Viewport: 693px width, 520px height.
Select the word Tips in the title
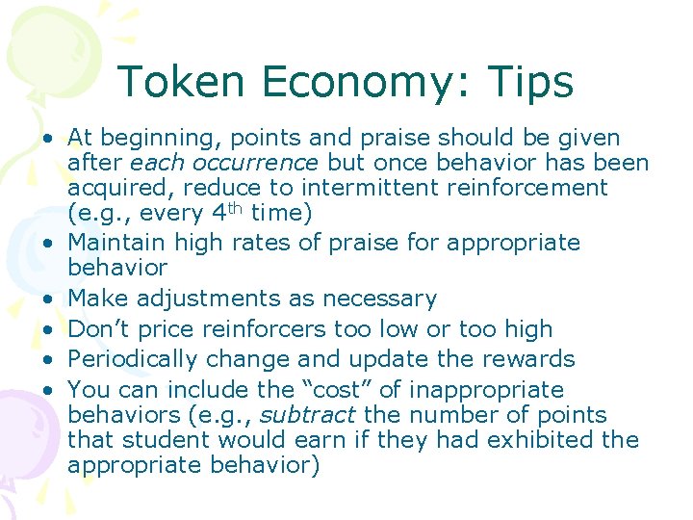tap(528, 82)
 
